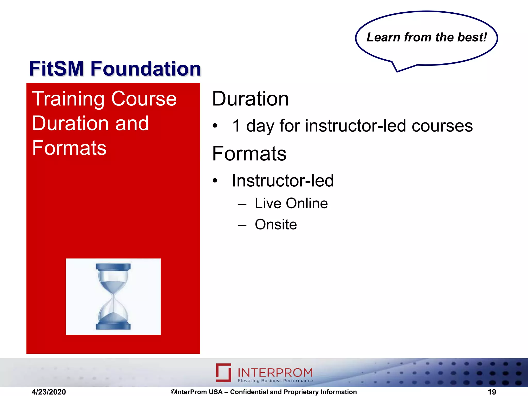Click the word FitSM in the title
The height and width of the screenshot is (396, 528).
click(x=56, y=69)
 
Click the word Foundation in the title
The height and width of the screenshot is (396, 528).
click(x=146, y=69)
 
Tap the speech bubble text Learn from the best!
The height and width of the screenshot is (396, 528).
click(x=427, y=37)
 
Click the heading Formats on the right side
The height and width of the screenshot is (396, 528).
click(x=249, y=154)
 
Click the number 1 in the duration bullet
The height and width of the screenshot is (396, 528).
click(x=236, y=126)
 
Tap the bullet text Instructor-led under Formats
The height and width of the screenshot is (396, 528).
click(x=283, y=180)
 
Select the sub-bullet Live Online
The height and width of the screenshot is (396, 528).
click(x=291, y=203)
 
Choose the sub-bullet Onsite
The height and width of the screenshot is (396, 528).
click(x=276, y=225)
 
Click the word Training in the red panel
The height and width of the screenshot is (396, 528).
click(x=68, y=99)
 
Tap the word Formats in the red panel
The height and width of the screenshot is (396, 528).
click(x=69, y=148)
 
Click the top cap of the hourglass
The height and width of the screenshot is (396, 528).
click(x=113, y=267)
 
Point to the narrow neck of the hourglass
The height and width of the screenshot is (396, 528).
click(x=113, y=296)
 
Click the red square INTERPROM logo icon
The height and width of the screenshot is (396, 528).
click(x=224, y=372)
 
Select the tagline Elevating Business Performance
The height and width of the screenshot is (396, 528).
click(x=275, y=381)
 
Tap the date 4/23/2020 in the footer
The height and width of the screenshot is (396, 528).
click(x=49, y=392)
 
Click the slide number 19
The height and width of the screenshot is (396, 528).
click(x=492, y=392)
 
